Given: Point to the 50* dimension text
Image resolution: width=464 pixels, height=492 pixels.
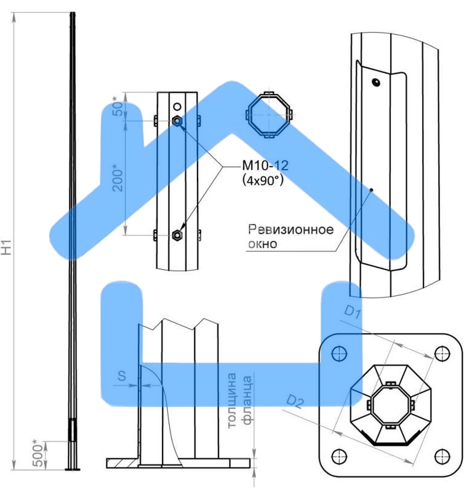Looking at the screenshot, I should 119,106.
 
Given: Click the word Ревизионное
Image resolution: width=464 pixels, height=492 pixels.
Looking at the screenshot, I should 290,230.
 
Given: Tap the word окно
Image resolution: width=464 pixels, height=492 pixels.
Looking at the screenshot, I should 262,244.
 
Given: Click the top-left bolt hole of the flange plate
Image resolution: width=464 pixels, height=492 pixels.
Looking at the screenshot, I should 337,353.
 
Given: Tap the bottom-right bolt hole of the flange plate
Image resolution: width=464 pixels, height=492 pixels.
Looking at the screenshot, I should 441,456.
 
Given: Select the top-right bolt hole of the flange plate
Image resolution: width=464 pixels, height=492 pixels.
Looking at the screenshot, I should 441,353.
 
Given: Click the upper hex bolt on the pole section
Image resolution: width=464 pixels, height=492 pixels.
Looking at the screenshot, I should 177,121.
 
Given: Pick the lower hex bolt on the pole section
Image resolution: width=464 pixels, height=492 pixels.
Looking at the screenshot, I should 177,234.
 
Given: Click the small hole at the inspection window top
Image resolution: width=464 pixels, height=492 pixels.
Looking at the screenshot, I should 376,82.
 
